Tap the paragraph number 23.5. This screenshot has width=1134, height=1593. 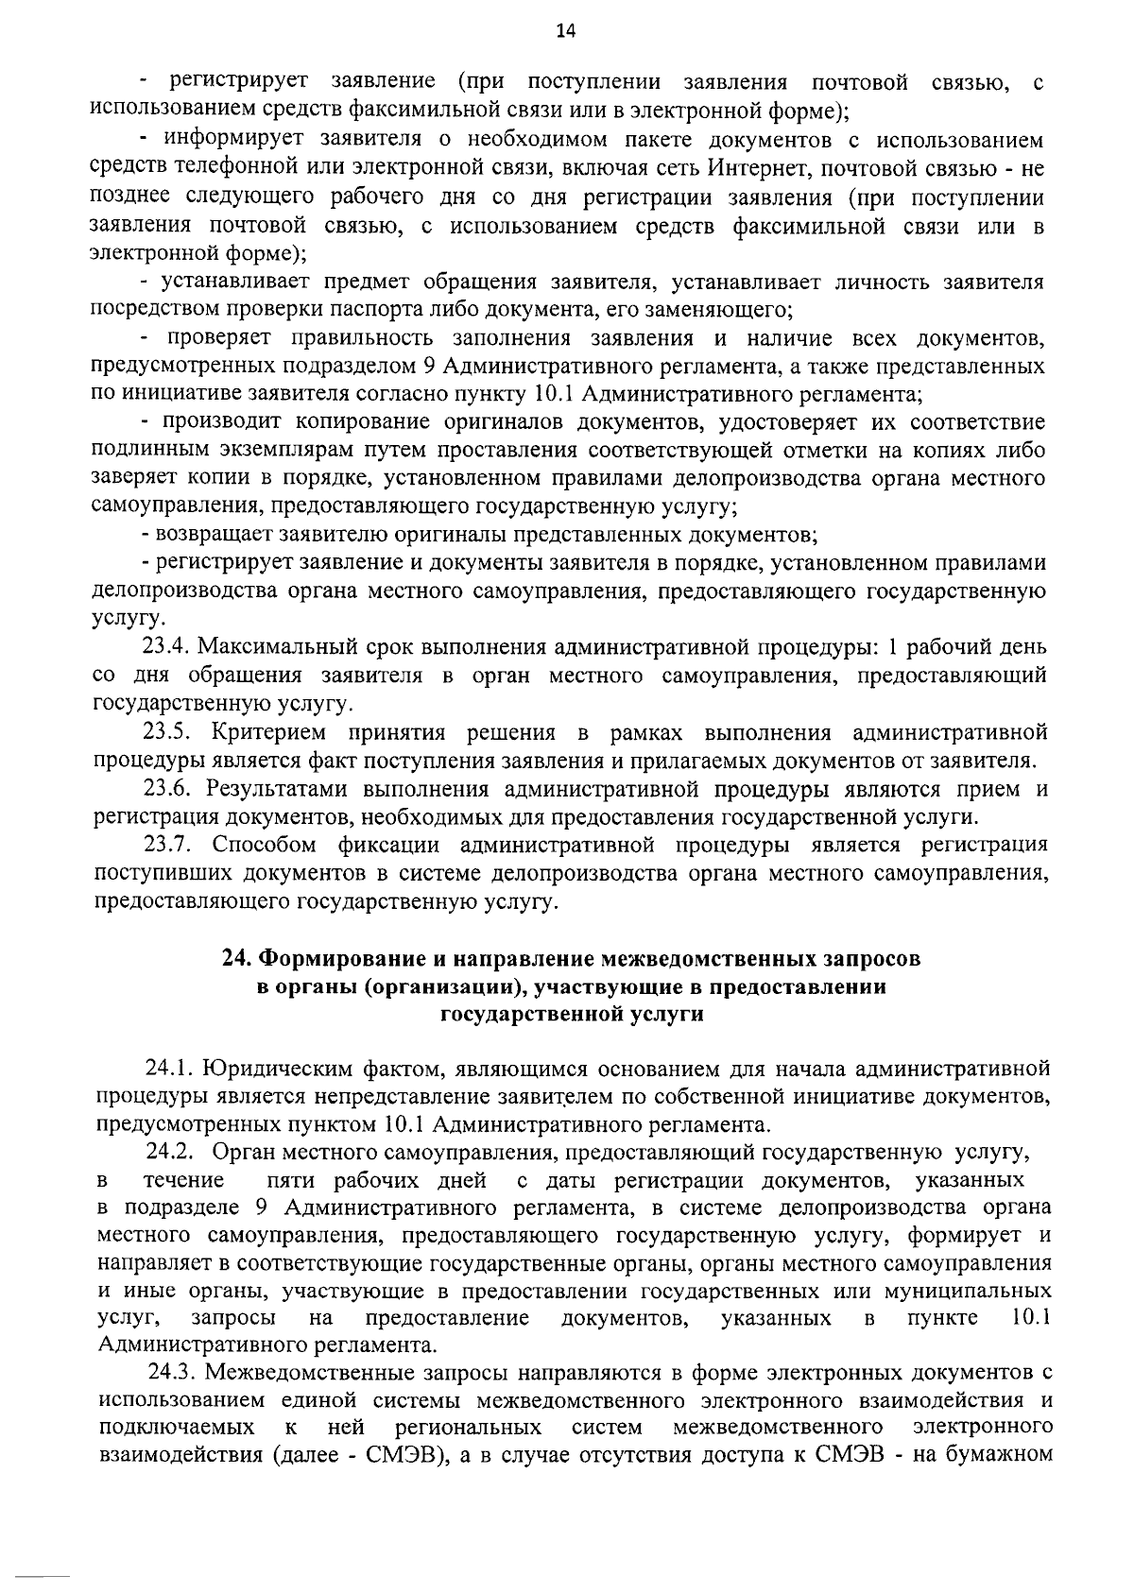(170, 732)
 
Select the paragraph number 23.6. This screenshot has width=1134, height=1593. (170, 789)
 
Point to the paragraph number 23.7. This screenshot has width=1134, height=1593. (170, 845)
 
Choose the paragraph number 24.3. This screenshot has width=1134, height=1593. (174, 1371)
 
